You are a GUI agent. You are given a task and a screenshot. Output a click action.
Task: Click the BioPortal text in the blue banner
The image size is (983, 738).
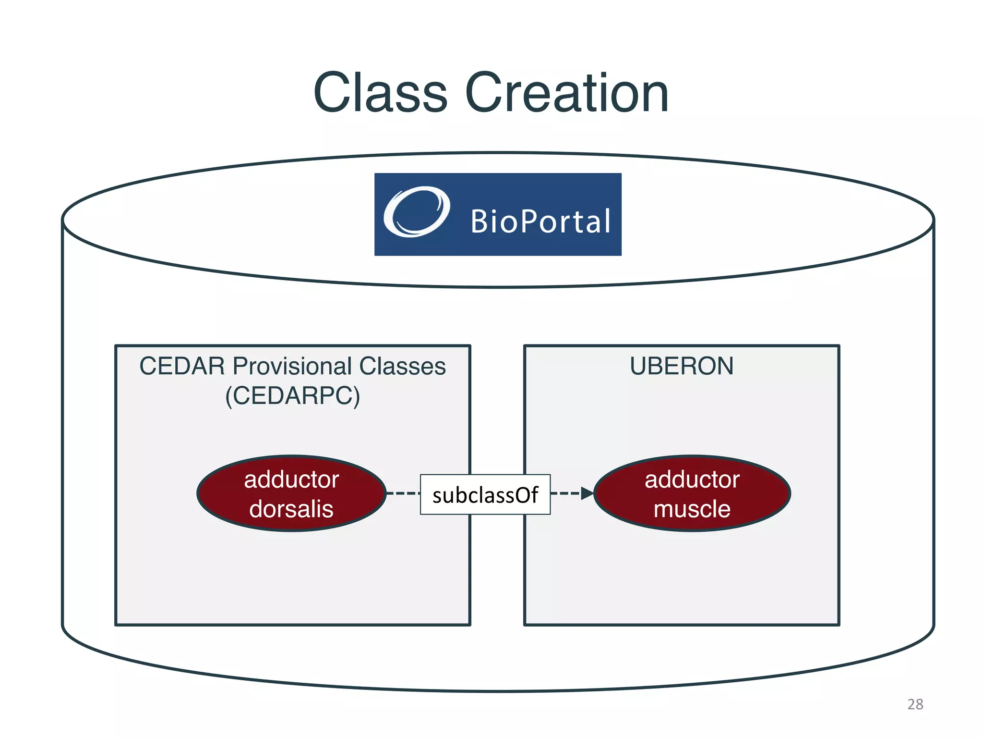(540, 221)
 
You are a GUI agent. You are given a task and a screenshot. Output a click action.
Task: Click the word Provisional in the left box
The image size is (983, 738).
(292, 366)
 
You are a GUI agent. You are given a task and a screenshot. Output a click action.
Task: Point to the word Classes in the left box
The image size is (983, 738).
(402, 366)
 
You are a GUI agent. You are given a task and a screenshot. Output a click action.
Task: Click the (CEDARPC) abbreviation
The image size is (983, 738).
(292, 396)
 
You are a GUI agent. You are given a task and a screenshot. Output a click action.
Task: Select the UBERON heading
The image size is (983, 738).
(681, 366)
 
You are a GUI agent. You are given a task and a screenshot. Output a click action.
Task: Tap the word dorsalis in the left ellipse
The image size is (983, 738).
(291, 509)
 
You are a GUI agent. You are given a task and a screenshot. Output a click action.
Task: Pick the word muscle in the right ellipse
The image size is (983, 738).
(692, 509)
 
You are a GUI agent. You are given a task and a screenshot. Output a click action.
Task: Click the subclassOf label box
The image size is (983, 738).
(485, 495)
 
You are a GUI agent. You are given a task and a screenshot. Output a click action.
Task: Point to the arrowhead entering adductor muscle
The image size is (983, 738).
(587, 493)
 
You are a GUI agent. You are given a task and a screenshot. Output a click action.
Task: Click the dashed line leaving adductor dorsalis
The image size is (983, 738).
(403, 493)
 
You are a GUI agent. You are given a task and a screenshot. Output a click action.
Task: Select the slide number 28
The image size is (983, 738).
(915, 704)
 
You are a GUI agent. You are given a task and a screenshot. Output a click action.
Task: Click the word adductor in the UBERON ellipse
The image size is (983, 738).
(692, 480)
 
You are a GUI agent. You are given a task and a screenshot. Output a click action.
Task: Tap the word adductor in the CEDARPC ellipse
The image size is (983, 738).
(291, 480)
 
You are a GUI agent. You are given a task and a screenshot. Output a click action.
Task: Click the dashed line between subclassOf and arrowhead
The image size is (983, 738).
(565, 493)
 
